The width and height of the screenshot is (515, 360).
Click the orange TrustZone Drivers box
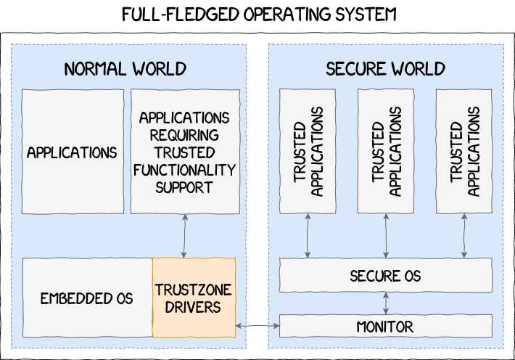(x=194, y=298)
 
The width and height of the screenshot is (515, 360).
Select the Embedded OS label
(x=86, y=298)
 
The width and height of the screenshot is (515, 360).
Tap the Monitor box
(x=385, y=327)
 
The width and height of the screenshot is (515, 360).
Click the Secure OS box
(x=385, y=277)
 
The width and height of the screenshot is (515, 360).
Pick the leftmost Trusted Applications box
(x=308, y=152)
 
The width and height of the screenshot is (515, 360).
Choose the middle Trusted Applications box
(x=386, y=152)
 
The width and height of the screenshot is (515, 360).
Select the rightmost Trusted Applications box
(x=464, y=152)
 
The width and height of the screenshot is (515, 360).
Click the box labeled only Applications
(x=72, y=152)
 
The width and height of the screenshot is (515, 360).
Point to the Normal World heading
(x=125, y=69)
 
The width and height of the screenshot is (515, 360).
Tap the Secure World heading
(x=385, y=69)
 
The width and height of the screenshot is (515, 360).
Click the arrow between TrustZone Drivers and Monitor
(x=258, y=327)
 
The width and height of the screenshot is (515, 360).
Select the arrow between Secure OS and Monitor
(x=386, y=303)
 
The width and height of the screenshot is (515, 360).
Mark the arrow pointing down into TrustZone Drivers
(x=184, y=236)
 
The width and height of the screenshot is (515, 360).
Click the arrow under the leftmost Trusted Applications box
(x=308, y=236)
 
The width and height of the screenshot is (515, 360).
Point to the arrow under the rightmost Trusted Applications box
(x=464, y=236)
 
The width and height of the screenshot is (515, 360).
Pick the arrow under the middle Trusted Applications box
(x=386, y=236)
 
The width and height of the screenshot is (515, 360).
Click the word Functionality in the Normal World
(x=184, y=170)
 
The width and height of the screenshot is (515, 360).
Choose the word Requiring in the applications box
(x=184, y=135)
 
